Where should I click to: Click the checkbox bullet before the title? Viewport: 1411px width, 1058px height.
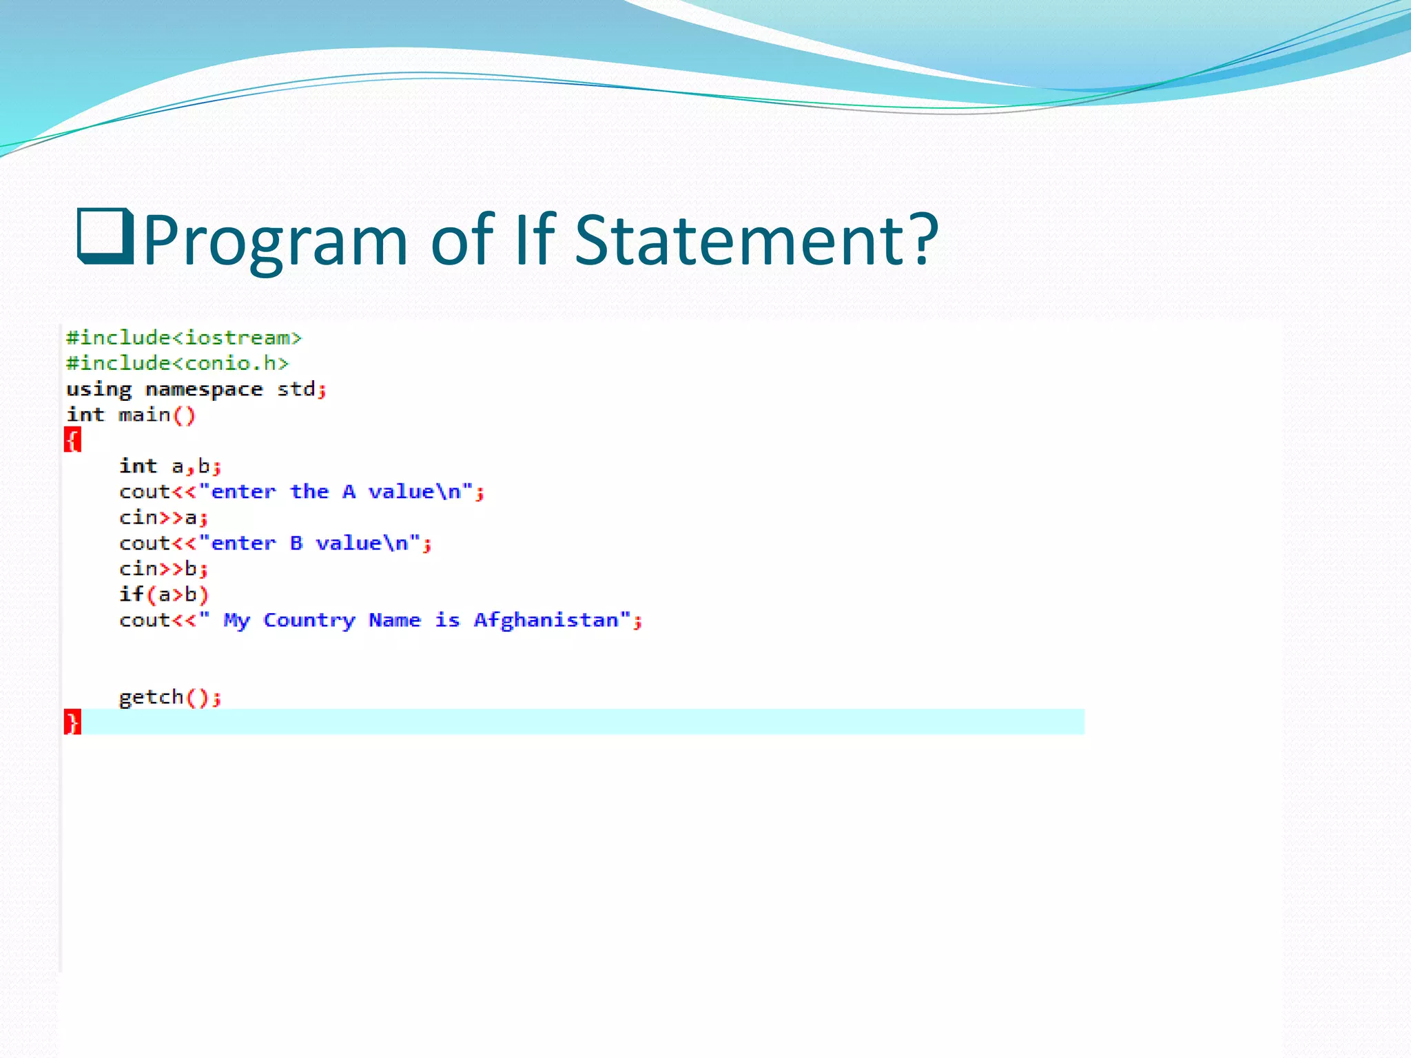[105, 237]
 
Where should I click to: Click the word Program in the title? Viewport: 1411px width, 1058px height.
[276, 241]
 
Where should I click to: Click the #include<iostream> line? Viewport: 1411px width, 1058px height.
[184, 338]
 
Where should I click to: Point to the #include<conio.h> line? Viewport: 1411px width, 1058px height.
[177, 364]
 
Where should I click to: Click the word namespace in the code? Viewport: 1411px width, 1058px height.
[204, 390]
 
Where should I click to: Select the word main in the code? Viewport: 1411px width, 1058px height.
[144, 415]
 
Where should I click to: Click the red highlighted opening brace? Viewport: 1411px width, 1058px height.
[72, 439]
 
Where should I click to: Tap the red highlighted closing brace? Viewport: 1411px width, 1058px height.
[72, 722]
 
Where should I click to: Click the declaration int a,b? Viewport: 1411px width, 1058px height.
[170, 466]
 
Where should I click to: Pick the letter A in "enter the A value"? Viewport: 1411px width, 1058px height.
[349, 492]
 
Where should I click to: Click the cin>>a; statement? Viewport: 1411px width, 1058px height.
[163, 518]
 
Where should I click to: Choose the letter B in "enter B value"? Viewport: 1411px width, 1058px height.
[296, 543]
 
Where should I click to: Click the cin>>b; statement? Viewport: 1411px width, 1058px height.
[163, 569]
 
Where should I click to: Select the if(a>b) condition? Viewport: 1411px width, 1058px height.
[163, 594]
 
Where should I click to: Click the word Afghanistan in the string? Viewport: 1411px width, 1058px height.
[546, 621]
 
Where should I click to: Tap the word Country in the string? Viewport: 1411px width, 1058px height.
[309, 621]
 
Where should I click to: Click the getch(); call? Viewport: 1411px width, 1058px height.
[170, 698]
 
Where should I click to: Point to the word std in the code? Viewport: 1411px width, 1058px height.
[296, 390]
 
